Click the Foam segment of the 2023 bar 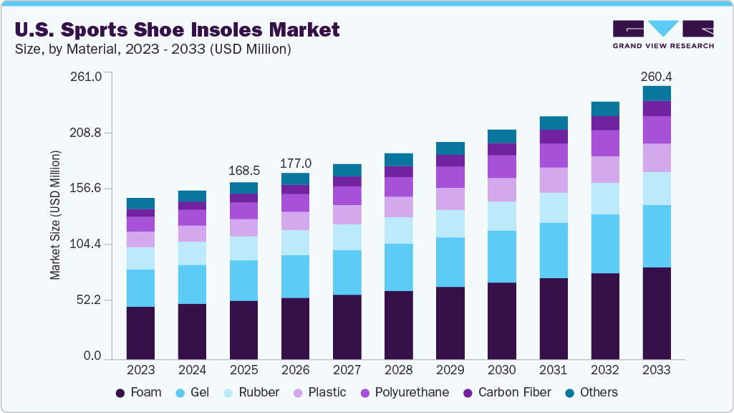click(x=140, y=333)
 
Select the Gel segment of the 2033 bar click(x=656, y=236)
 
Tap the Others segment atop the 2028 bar click(x=398, y=159)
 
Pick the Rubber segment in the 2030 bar click(x=501, y=216)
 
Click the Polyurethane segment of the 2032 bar click(x=604, y=143)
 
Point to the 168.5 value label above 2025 click(x=243, y=171)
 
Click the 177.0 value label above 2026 click(x=295, y=163)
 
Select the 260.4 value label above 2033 click(x=656, y=76)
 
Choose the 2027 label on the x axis click(x=347, y=370)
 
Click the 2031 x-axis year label click(x=553, y=370)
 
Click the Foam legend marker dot click(x=120, y=393)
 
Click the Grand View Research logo click(x=663, y=34)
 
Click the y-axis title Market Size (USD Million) click(x=55, y=215)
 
